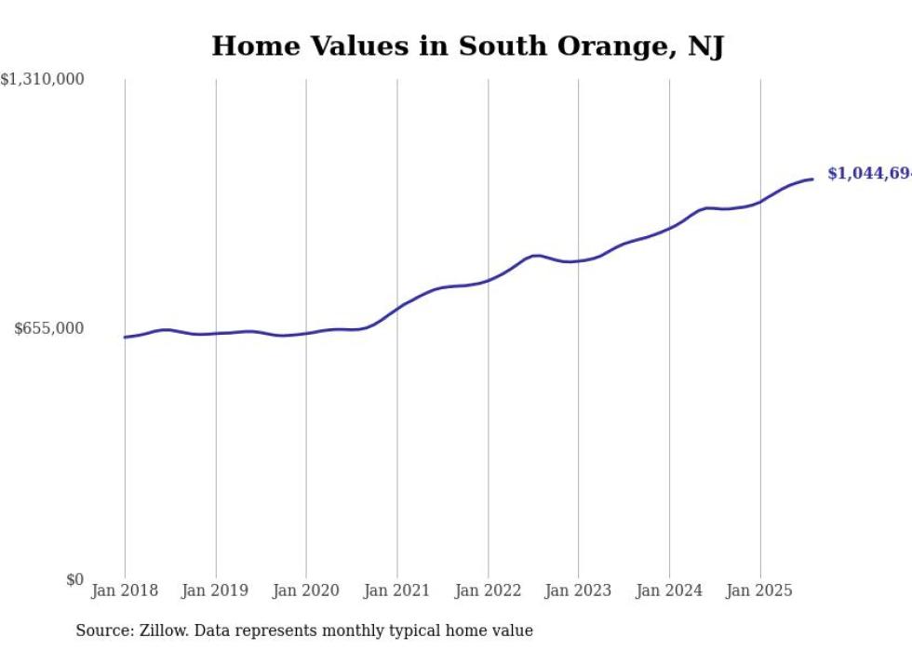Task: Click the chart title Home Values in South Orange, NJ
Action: (467, 46)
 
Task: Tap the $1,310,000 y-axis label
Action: (43, 80)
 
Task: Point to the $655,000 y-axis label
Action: (49, 328)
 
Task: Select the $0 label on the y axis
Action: (74, 579)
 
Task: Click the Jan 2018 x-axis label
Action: (125, 590)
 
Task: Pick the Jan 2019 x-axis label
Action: (216, 590)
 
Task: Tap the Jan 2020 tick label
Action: (306, 590)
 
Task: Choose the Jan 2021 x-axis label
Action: (397, 590)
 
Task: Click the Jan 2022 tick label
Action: (488, 590)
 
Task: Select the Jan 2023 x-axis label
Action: (578, 590)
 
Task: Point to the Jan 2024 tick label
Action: (669, 590)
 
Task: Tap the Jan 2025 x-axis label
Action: (759, 590)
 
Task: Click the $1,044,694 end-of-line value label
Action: (869, 174)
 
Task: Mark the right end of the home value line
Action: (812, 179)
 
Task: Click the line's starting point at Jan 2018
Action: (125, 337)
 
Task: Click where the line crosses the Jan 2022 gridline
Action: (488, 280)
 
